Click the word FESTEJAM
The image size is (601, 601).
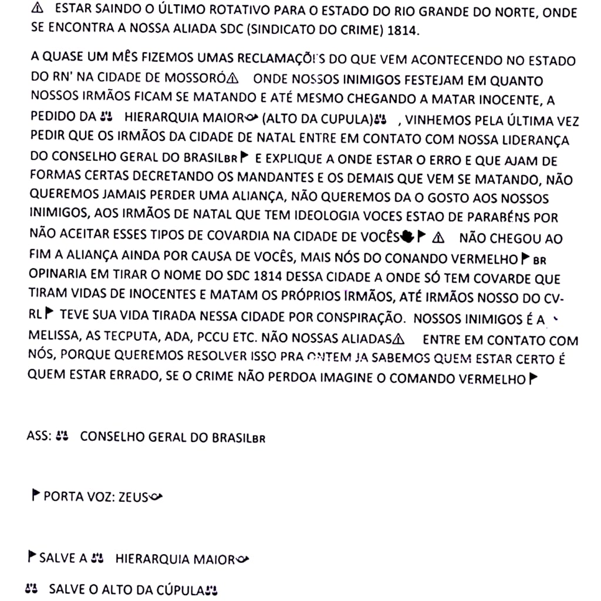pyautogui.click(x=390, y=79)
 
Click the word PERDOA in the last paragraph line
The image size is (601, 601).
pyautogui.click(x=292, y=378)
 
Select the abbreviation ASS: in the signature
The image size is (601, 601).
pyautogui.click(x=39, y=437)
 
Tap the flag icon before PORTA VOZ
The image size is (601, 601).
pyautogui.click(x=36, y=497)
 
